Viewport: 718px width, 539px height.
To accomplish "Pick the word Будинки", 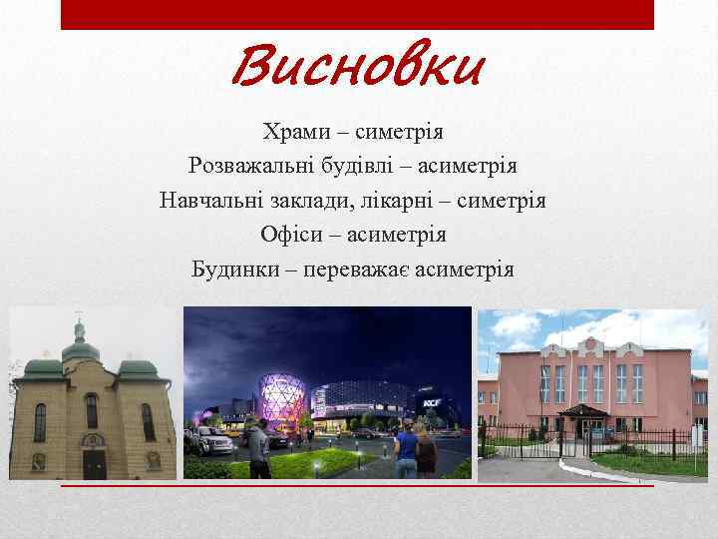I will click(236, 269).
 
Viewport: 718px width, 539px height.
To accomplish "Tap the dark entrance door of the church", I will click(95, 462).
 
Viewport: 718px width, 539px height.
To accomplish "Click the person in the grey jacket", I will click(257, 449).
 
